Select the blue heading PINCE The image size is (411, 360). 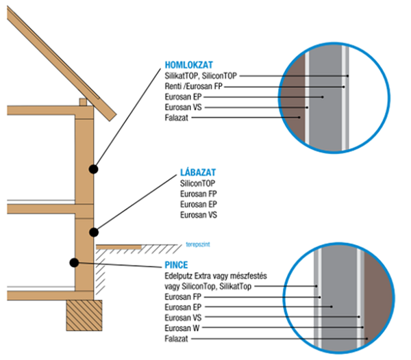tap(176, 264)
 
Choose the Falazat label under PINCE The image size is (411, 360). tap(176, 339)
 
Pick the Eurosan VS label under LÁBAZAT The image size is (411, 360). tap(199, 216)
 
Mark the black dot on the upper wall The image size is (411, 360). tap(92, 168)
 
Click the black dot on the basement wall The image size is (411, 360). tap(73, 261)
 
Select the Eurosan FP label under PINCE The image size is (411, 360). tap(184, 297)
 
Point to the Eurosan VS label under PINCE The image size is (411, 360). tap(184, 318)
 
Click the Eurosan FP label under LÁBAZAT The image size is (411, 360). tap(199, 195)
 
